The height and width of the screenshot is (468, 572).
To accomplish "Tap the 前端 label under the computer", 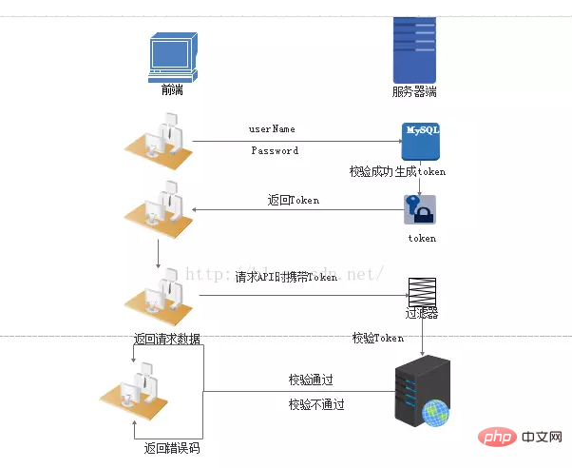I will pos(173,92).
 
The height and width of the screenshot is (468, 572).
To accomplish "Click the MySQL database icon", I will pos(420,141).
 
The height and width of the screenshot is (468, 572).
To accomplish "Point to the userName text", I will pos(272,128).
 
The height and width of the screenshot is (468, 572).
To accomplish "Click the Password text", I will pos(275,150).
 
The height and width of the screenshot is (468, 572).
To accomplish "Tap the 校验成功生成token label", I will pos(397,172).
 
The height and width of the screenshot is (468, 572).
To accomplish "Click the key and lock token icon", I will pos(419,210).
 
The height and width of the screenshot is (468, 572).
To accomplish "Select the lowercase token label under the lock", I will pos(422,238).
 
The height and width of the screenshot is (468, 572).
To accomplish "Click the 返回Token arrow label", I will pos(293,200).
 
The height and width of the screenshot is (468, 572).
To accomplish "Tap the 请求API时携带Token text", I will pos(286,277).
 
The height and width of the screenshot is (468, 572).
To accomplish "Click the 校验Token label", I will pos(377,338).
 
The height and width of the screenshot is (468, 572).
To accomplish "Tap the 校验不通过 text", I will pos(316,404).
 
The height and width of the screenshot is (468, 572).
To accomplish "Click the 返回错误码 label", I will pos(172,448).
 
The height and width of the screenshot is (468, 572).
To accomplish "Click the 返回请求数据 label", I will pos(167,339).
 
